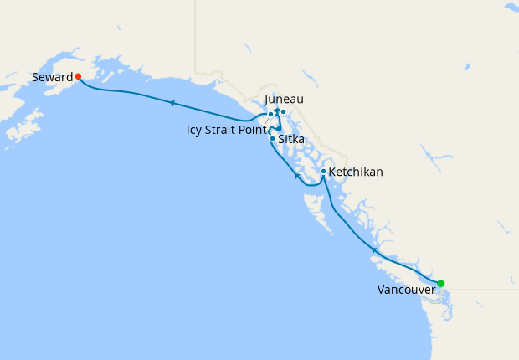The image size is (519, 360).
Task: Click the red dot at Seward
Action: pyautogui.click(x=78, y=76)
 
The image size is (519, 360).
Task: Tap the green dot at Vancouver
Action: pyautogui.click(x=441, y=283)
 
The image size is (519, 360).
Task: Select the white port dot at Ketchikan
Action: pyautogui.click(x=323, y=172)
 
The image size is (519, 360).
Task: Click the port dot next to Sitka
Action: pyautogui.click(x=273, y=138)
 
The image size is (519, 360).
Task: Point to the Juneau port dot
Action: pyautogui.click(x=283, y=111)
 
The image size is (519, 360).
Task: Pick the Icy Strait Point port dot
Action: pyautogui.click(x=270, y=115)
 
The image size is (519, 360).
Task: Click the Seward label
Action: pyautogui.click(x=52, y=77)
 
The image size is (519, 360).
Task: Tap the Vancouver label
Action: pyautogui.click(x=406, y=290)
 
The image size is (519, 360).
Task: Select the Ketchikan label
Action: pyautogui.click(x=356, y=172)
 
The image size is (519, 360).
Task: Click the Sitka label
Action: pyautogui.click(x=291, y=139)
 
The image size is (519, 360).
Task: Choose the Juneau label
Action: pyautogui.click(x=284, y=100)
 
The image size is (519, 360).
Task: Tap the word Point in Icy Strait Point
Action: pyautogui.click(x=253, y=130)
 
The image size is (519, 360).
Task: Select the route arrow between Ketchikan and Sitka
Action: pyautogui.click(x=297, y=176)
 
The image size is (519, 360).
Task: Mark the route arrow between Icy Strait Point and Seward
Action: pyautogui.click(x=172, y=103)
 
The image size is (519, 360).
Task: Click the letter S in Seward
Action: pyautogui.click(x=35, y=77)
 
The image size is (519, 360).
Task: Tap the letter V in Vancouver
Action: pyautogui.click(x=382, y=290)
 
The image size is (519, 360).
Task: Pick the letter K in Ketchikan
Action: pyautogui.click(x=333, y=172)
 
